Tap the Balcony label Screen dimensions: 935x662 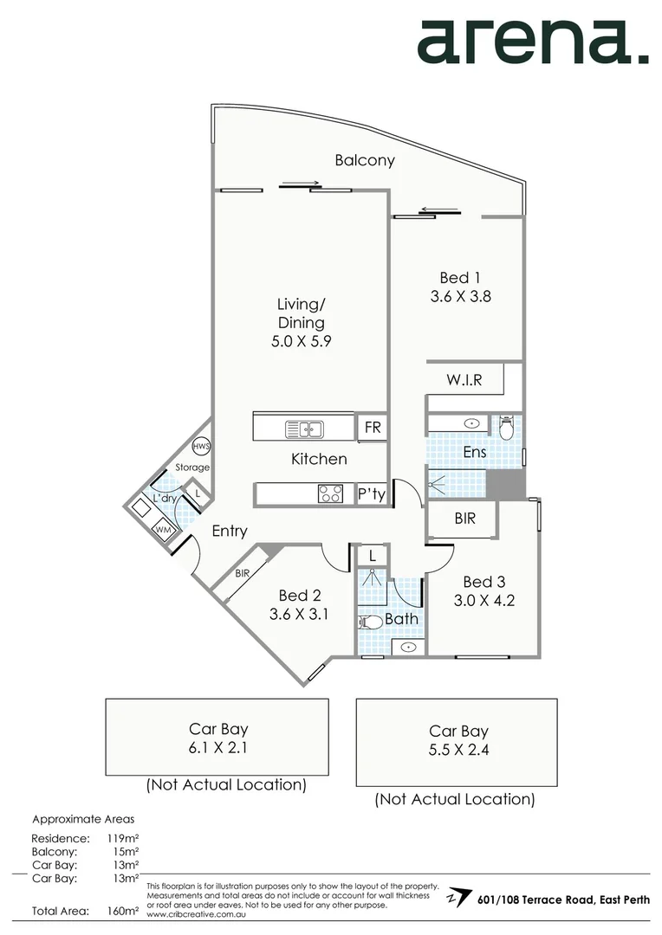click(365, 160)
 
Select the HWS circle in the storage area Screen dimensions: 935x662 click(201, 447)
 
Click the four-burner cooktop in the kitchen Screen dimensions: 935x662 click(330, 493)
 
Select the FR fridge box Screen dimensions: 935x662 click(373, 428)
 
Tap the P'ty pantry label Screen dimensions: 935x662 click(373, 494)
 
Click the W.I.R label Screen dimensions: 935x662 click(464, 379)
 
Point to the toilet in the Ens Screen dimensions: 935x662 click(506, 427)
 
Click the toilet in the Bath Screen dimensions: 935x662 click(372, 622)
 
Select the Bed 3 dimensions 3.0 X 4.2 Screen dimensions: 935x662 click(484, 599)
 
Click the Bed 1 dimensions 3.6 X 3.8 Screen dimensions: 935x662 click(461, 296)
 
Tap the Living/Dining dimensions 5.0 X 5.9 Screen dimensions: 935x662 click(301, 341)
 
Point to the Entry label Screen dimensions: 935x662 click(230, 531)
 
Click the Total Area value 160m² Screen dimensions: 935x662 click(125, 911)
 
